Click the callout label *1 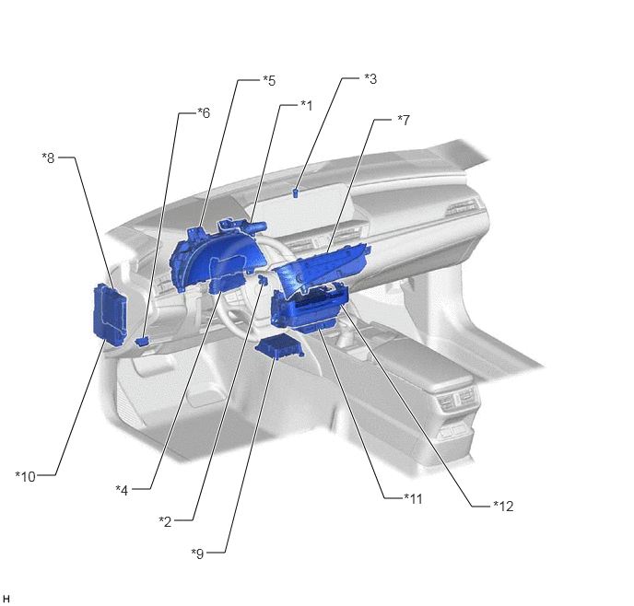tap(307, 106)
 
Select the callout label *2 tap(165, 521)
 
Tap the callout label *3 tap(370, 79)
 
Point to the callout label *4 tap(122, 490)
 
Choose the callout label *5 tap(269, 81)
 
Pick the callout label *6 tap(204, 112)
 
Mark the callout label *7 tap(404, 120)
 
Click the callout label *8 tap(48, 157)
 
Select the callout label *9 tap(198, 554)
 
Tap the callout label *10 tap(26, 477)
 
